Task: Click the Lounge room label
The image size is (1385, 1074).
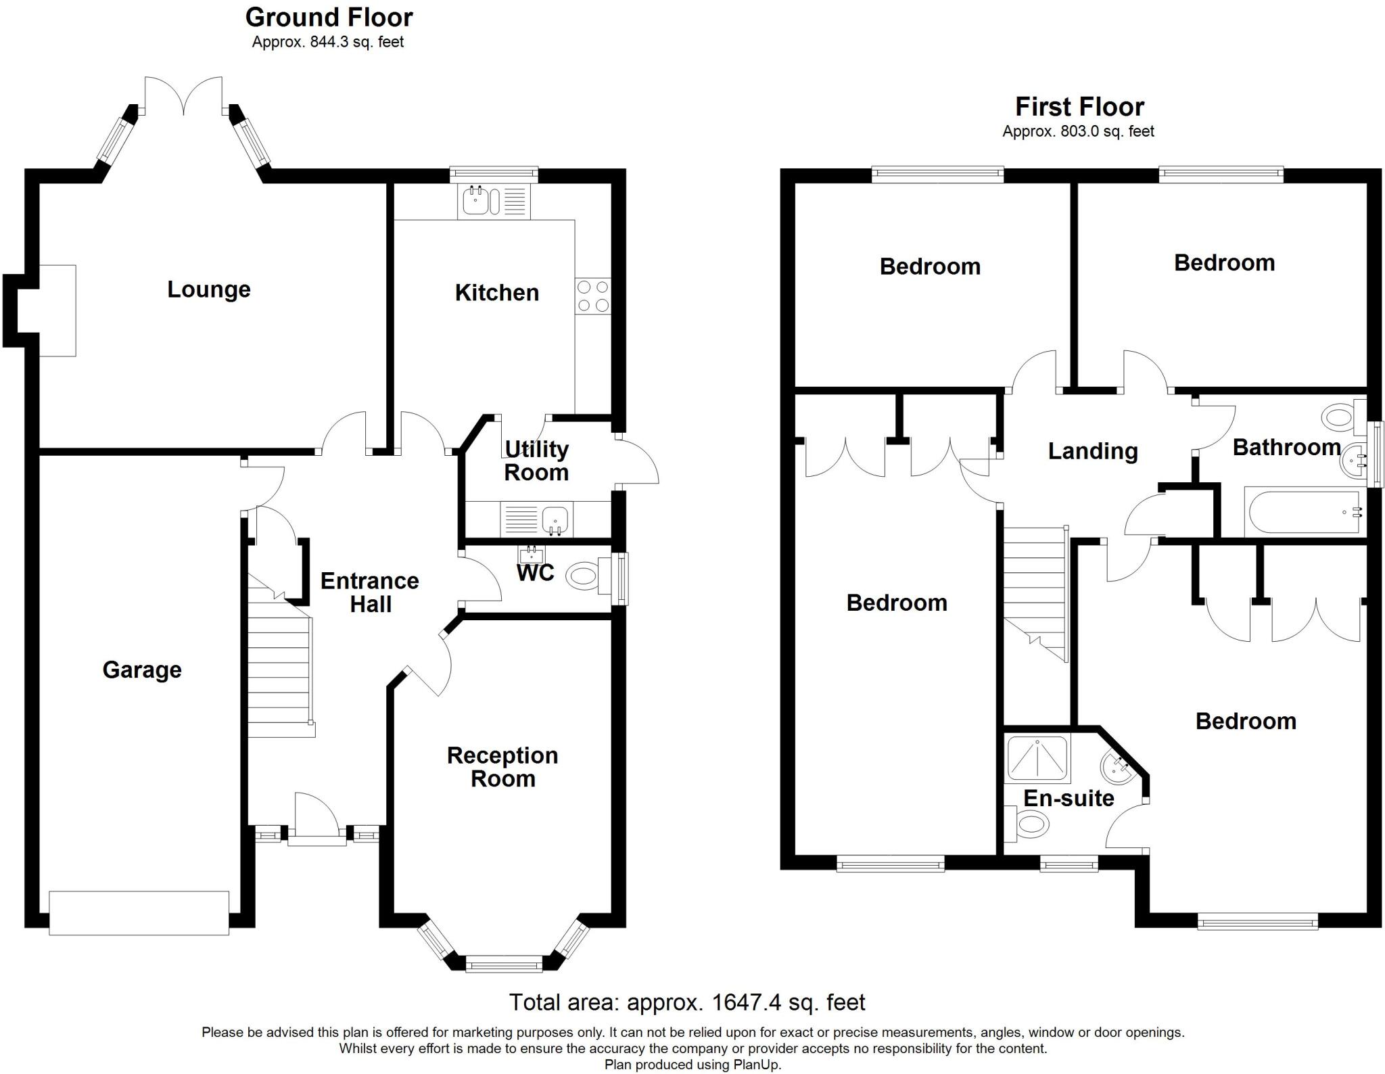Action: pyautogui.click(x=209, y=289)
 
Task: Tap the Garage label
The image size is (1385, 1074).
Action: pyautogui.click(x=142, y=670)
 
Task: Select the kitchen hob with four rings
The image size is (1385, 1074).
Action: pyautogui.click(x=592, y=296)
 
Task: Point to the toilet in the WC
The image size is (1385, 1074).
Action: pyautogui.click(x=582, y=576)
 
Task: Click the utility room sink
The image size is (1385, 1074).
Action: pyautogui.click(x=555, y=519)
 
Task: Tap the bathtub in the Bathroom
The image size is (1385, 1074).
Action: pyautogui.click(x=1302, y=512)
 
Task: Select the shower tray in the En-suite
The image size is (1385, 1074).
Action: pyautogui.click(x=1038, y=758)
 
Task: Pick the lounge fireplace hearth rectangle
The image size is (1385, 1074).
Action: pyautogui.click(x=57, y=310)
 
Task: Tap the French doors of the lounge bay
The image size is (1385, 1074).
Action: pyautogui.click(x=183, y=95)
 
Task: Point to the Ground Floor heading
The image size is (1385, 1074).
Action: pyautogui.click(x=329, y=17)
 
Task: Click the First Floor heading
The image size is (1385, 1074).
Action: pyautogui.click(x=1079, y=107)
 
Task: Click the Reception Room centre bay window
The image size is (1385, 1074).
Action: pyautogui.click(x=504, y=964)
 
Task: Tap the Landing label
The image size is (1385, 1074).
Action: pyautogui.click(x=1093, y=451)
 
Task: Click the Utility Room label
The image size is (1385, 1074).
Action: pyautogui.click(x=536, y=461)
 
